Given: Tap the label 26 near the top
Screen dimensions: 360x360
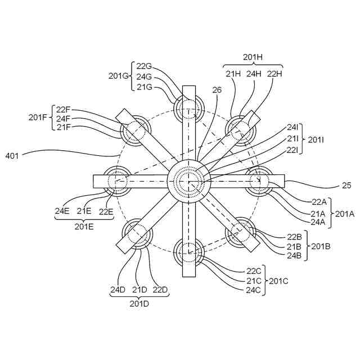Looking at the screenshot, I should (218, 89).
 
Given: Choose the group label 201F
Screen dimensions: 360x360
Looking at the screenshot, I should (38, 118).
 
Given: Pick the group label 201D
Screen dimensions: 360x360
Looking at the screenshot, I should (139, 304).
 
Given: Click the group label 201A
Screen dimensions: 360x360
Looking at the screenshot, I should (344, 214).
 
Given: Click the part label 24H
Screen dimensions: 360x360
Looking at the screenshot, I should (254, 73).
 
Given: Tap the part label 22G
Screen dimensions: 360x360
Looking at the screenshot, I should (145, 66).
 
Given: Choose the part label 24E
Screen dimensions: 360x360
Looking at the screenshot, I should (62, 211).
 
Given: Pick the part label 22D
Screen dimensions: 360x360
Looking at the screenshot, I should (160, 290).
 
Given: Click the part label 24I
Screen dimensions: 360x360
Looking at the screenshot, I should (293, 128).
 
